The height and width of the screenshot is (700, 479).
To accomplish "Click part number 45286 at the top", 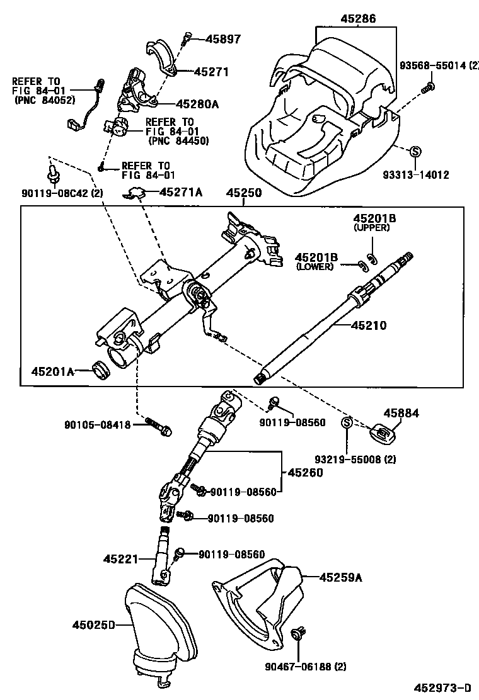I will pos(358,19).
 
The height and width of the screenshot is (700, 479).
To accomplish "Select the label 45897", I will pos(223,39).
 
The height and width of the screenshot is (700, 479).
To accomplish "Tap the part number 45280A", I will pos(197,104).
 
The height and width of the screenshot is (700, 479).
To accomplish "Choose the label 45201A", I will pos(53,372).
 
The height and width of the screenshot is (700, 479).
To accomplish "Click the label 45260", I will pos(305,472).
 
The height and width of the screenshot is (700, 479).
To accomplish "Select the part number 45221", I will pos(121,558).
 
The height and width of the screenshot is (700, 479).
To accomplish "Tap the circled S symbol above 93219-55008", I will pos(346,423).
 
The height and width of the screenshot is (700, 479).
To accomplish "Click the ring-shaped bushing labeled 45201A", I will pos(101,370).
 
